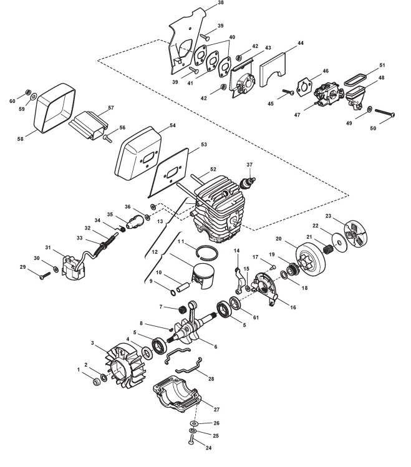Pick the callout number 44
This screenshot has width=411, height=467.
pyautogui.click(x=301, y=44)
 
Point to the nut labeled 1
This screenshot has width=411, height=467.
pyautogui.click(x=96, y=380)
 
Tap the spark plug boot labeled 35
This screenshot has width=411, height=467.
pyautogui.click(x=136, y=220)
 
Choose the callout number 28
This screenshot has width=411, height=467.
pyautogui.click(x=211, y=378)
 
